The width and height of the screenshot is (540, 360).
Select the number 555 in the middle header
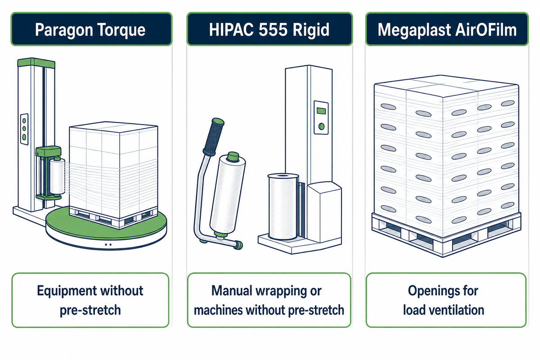[x=274, y=30]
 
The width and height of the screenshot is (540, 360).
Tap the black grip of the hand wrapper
[x=214, y=136]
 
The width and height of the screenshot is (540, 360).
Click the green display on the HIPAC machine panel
[x=321, y=111]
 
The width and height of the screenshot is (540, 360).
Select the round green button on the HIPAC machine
[x=321, y=126]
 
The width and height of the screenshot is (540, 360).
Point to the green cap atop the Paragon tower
[x=36, y=63]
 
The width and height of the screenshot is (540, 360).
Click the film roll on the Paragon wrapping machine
[x=58, y=175]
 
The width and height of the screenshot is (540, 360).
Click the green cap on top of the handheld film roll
[x=233, y=157]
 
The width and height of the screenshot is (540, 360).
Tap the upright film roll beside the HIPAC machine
[x=283, y=207]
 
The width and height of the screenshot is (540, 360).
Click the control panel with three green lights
[x=24, y=129]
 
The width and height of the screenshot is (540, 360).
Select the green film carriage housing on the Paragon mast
[x=48, y=152]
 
